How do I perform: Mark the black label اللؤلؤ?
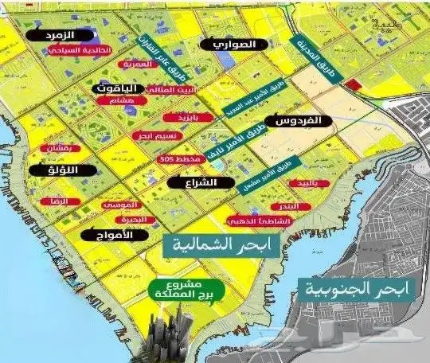pos(57,170)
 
